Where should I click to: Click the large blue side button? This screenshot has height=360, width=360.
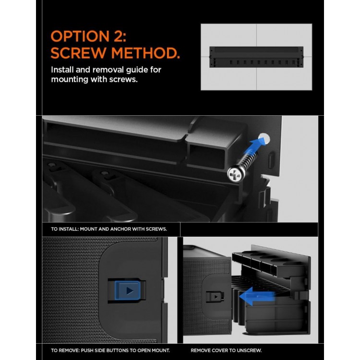(128, 290)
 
